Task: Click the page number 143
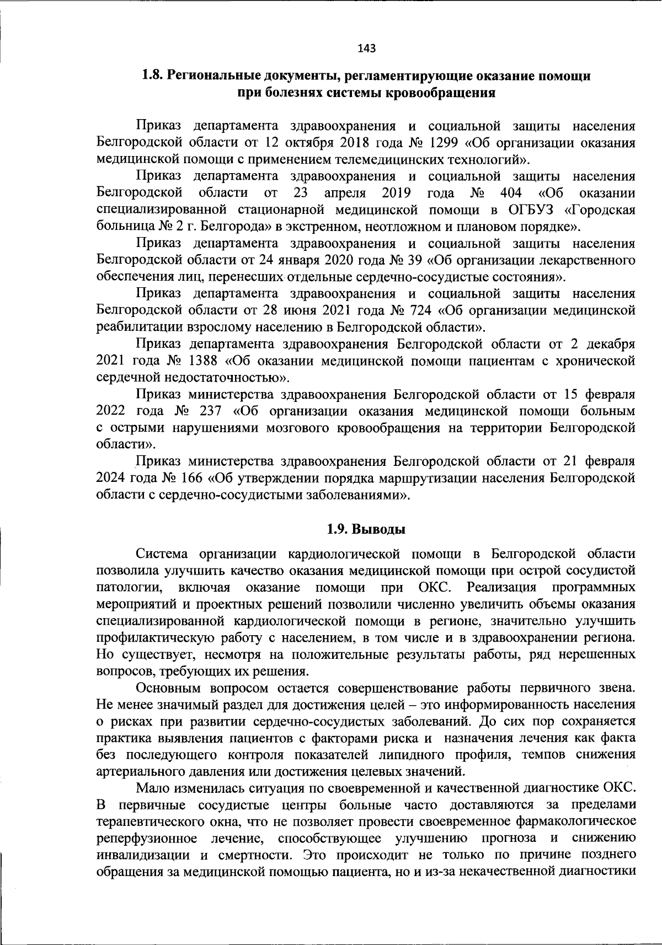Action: [x=366, y=49]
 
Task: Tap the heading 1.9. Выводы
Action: [x=366, y=530]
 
